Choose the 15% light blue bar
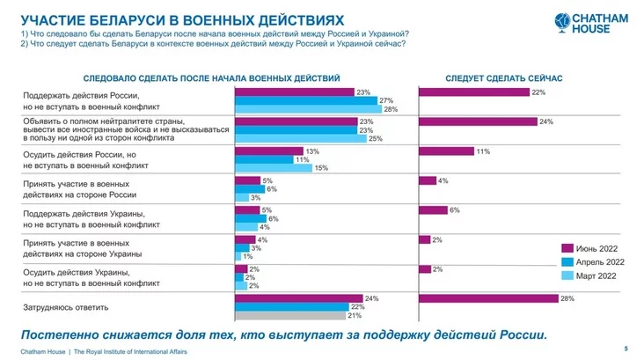[x=274, y=168]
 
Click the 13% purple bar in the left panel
[x=268, y=151]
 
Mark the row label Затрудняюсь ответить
[x=65, y=307]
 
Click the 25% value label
[x=375, y=138]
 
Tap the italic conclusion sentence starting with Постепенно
[x=282, y=334]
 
